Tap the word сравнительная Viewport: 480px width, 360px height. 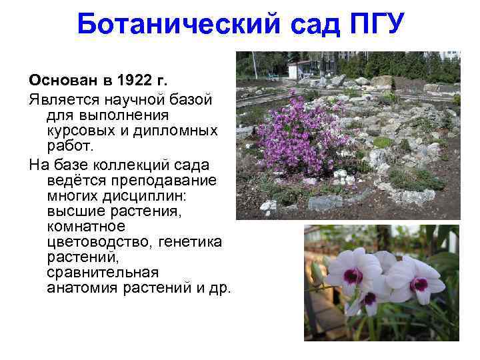pyautogui.click(x=103, y=272)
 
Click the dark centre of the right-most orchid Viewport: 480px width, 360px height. pyautogui.click(x=419, y=283)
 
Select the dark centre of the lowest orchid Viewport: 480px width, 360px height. pyautogui.click(x=369, y=298)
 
